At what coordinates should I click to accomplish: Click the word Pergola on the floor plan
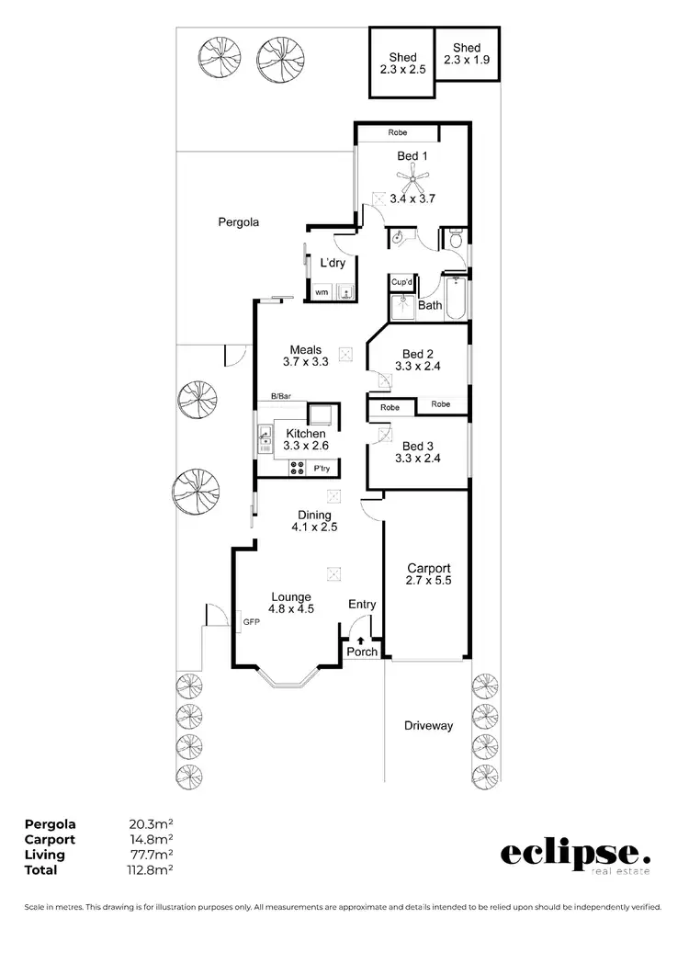point(239,222)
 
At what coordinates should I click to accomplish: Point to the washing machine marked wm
point(322,292)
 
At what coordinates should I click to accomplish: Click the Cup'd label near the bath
point(401,282)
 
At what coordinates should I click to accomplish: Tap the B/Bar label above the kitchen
point(280,396)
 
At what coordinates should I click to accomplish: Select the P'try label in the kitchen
point(322,469)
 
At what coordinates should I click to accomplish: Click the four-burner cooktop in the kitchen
point(298,468)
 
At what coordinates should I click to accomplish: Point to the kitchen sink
point(265,436)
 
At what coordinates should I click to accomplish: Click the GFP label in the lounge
point(251,622)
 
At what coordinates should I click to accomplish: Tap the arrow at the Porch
point(361,640)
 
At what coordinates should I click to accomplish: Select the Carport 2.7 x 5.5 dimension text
point(428,581)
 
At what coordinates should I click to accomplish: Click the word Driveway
point(428,726)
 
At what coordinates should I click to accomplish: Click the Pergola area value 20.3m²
point(153,824)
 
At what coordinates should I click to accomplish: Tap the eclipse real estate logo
point(574,856)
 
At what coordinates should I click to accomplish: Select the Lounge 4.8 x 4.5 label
point(290,603)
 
